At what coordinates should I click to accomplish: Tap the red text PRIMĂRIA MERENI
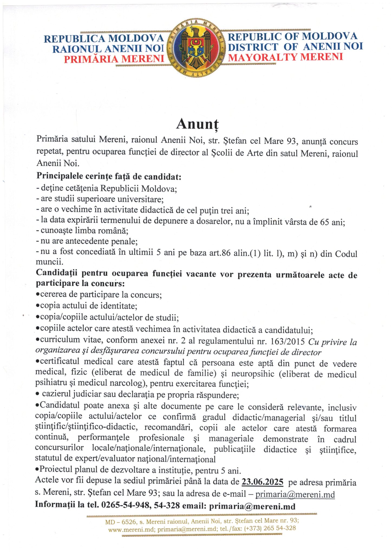point(114,59)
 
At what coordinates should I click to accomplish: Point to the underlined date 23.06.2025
point(262,482)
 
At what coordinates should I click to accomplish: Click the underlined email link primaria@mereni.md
point(295,494)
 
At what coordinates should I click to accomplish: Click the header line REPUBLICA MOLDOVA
point(104,39)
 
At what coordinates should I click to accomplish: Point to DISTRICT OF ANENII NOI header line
point(295,47)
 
